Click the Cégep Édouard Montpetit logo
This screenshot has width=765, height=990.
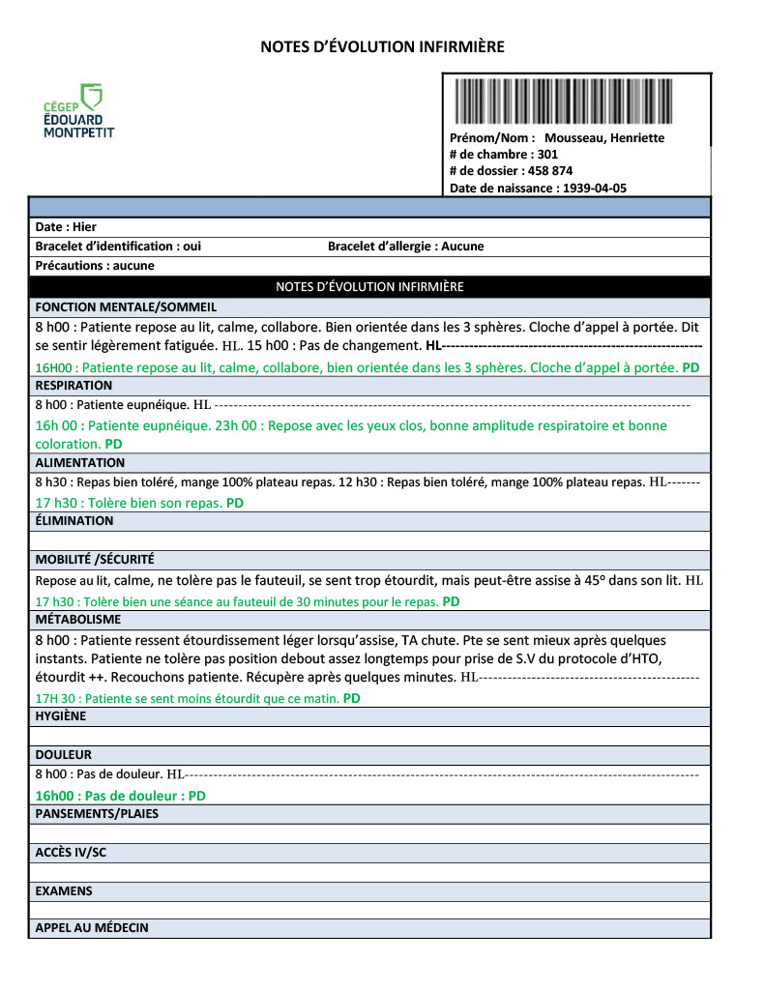click(x=78, y=110)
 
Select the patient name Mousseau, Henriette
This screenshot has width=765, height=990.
click(x=604, y=138)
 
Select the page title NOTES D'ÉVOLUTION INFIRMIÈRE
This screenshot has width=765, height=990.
click(x=382, y=46)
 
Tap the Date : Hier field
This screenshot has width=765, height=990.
click(x=67, y=227)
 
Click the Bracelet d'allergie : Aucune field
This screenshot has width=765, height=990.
click(x=405, y=247)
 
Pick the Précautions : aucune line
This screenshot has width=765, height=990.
click(x=95, y=266)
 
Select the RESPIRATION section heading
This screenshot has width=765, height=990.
click(x=74, y=385)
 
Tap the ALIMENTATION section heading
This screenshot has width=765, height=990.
click(x=80, y=463)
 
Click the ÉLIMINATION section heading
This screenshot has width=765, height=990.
click(x=74, y=521)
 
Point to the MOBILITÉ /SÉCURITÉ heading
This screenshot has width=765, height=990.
click(x=95, y=560)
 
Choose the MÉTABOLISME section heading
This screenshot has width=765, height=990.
click(x=78, y=619)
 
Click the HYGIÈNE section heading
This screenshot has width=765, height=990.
click(x=61, y=716)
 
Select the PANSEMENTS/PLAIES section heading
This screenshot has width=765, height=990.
click(x=97, y=814)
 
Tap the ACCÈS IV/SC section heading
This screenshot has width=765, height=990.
click(x=71, y=853)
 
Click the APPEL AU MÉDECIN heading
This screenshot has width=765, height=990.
click(x=92, y=928)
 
